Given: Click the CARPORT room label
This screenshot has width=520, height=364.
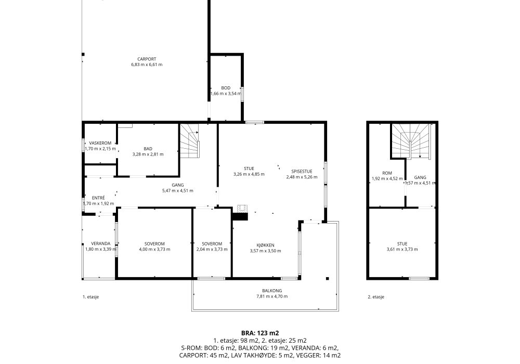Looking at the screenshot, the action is (x=147, y=59).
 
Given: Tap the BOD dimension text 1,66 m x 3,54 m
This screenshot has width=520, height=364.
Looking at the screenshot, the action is (x=226, y=94).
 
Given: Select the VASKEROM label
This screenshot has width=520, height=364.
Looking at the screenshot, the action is (x=100, y=143).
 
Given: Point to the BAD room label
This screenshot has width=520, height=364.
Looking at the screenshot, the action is (x=148, y=149).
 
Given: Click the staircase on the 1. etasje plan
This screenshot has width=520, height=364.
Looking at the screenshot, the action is (x=190, y=140).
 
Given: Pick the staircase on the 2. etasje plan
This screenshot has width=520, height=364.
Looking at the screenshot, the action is (x=411, y=141).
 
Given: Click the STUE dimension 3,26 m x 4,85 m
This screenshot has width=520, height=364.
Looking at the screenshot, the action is (x=249, y=174).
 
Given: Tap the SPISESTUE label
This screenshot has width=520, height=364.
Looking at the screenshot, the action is (x=302, y=172).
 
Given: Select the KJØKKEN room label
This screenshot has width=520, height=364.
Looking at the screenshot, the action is (x=265, y=245).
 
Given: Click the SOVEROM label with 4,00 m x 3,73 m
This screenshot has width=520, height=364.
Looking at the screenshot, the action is (x=154, y=244).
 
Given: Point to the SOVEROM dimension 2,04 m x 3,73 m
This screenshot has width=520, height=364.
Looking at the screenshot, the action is (x=212, y=249).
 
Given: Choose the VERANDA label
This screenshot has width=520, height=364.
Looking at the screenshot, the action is (x=101, y=244).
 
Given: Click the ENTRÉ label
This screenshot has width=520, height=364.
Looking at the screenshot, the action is (x=98, y=198).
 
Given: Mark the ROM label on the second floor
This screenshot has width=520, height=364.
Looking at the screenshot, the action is (x=387, y=173).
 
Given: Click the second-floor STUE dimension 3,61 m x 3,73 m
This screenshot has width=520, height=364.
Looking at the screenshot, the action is (x=402, y=249).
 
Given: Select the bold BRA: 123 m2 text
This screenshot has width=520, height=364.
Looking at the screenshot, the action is (x=260, y=333).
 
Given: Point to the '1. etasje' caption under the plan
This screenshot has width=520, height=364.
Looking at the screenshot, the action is (x=90, y=297).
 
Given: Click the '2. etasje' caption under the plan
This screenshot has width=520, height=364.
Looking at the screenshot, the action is (x=376, y=297).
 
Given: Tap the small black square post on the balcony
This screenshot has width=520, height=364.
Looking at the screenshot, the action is (x=327, y=279).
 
